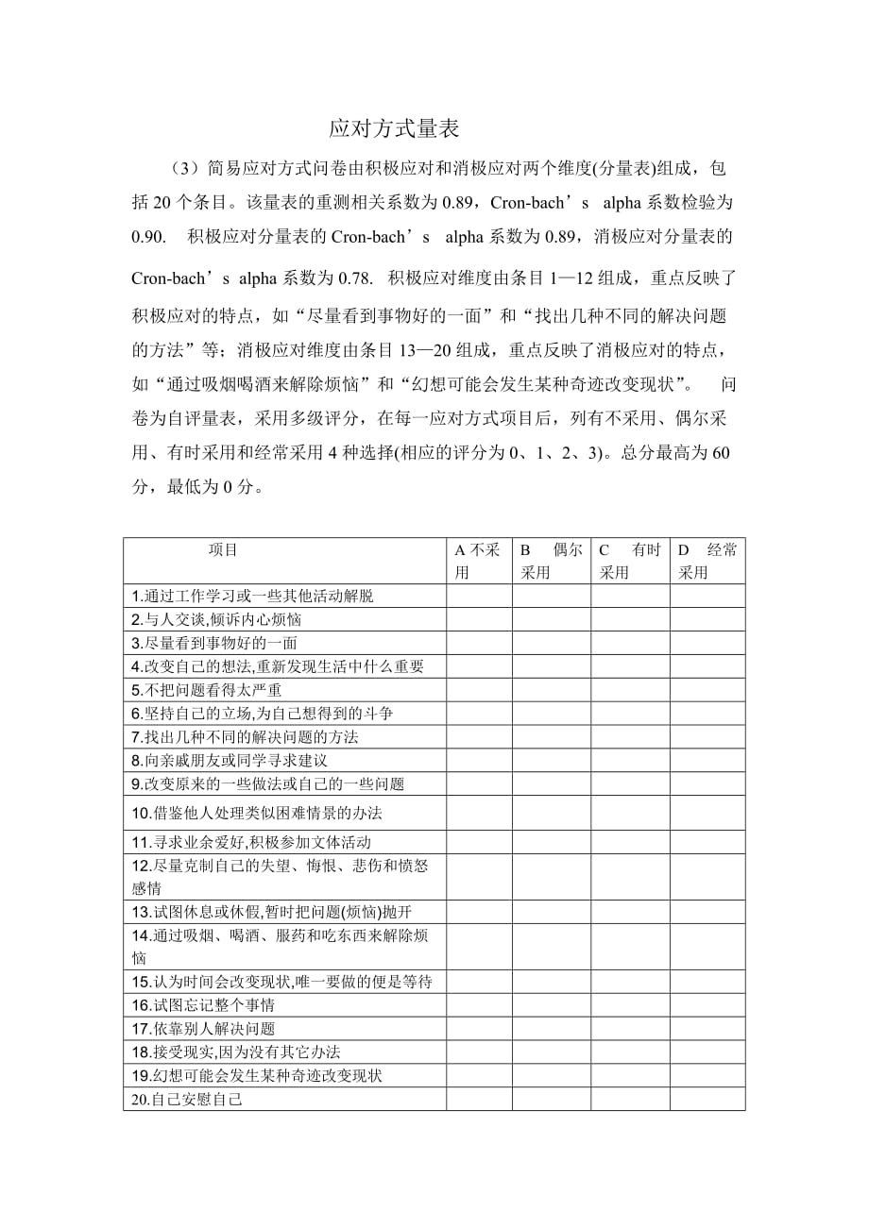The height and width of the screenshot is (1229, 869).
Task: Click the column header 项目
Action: coord(223,549)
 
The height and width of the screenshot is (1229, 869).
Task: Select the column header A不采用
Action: coord(478,561)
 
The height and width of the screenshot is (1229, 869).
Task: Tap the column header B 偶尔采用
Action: coord(552,561)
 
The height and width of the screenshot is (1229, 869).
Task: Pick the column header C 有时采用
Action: coord(630,561)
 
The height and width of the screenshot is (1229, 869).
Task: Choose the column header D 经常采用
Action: coord(707,561)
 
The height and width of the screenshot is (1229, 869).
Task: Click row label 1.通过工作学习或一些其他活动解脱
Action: coord(252,596)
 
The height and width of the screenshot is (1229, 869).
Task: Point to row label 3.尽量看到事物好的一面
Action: coord(214,643)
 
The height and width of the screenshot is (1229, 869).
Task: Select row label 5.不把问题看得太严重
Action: coord(207,689)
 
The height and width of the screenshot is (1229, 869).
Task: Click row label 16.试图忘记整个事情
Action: coord(203,1005)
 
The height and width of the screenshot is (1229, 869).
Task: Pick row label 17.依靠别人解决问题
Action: coord(203,1029)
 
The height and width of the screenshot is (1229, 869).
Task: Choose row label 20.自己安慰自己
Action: coord(188,1099)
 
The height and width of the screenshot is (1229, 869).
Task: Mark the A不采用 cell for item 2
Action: coord(479,619)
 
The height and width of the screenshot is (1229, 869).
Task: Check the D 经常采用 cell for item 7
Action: coord(707,736)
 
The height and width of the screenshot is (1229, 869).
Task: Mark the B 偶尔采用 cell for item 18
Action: coord(552,1052)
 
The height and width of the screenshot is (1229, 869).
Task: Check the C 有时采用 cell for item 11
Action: coord(630,841)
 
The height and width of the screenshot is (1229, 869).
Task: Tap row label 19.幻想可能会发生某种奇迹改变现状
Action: coord(257,1075)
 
